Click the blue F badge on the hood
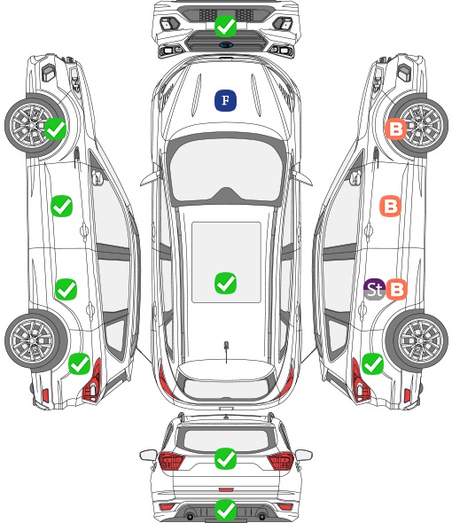click(225, 100)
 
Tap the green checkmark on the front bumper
click(225, 26)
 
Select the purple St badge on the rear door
click(375, 289)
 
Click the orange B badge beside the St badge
click(397, 289)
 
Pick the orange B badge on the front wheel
click(395, 129)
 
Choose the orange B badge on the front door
click(390, 207)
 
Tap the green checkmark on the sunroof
click(225, 283)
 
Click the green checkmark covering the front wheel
click(55, 129)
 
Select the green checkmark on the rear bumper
click(225, 510)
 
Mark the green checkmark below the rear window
click(225, 458)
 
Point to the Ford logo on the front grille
click(226, 44)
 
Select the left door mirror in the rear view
click(148, 455)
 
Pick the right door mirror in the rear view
click(304, 455)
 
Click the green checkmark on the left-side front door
click(61, 207)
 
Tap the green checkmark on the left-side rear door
click(66, 289)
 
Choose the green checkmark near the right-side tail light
click(372, 363)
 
